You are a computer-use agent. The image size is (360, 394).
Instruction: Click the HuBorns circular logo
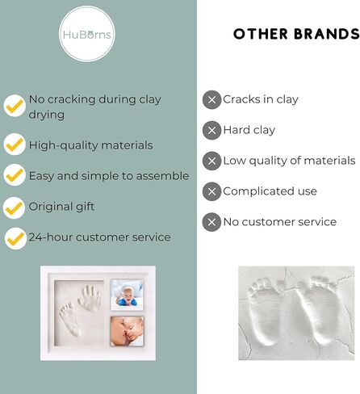click(88, 36)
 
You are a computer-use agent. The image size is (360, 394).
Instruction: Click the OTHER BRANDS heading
click(295, 34)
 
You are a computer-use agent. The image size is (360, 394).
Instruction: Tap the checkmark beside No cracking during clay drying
click(15, 106)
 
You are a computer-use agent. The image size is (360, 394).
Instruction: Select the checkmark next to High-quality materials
click(15, 145)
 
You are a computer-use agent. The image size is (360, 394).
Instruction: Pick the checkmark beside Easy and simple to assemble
click(15, 175)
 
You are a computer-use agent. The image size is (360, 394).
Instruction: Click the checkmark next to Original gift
click(15, 207)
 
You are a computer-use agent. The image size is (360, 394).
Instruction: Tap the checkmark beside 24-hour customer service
click(15, 238)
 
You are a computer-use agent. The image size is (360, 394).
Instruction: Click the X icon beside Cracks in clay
click(211, 100)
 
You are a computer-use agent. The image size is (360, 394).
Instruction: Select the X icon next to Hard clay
click(211, 130)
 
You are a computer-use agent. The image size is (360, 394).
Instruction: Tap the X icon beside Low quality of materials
click(211, 161)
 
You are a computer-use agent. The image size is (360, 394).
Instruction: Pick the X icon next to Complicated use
click(211, 191)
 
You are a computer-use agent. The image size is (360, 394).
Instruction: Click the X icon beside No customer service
click(211, 222)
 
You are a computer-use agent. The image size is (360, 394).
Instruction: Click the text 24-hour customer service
click(99, 237)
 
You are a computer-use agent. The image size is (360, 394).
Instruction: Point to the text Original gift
click(61, 207)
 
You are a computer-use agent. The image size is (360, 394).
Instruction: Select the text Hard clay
click(249, 130)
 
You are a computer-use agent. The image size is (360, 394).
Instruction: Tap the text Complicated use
click(270, 191)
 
